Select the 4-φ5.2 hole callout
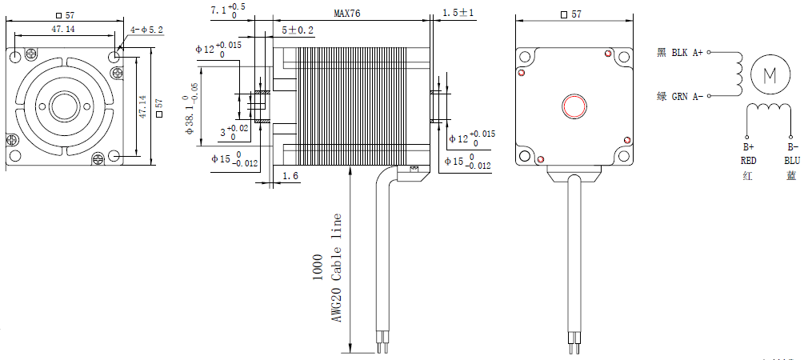coord(146,30)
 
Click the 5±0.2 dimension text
coord(298,30)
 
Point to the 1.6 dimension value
coord(290,175)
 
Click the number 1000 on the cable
coord(318,267)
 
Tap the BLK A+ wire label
coord(687,53)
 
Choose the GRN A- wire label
coord(687,97)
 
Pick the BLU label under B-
coord(791,160)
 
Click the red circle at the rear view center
coord(574,106)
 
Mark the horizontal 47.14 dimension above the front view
coord(63,30)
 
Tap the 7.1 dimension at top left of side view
coord(228,10)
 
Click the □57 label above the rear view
coord(572,14)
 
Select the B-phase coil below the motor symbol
coord(770,110)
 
